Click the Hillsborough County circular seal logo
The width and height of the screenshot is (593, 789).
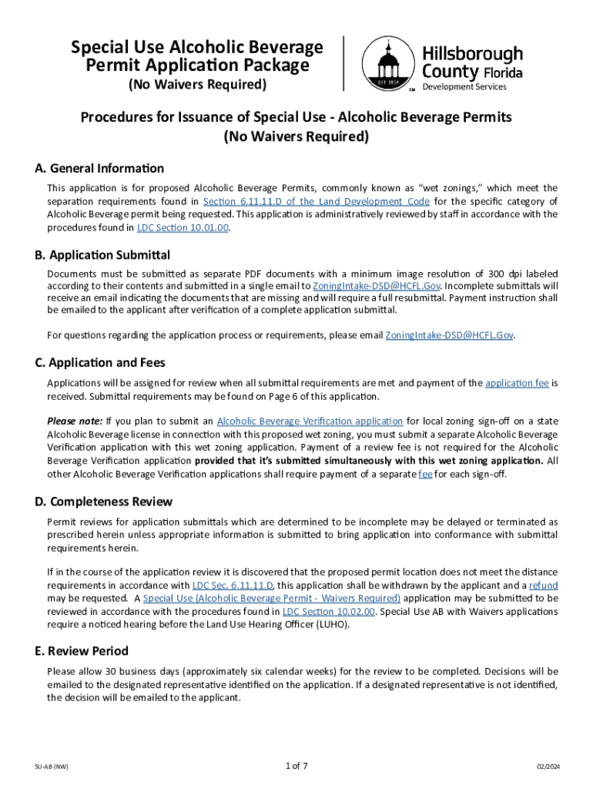pos(385,65)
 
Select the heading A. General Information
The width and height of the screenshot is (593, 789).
pos(99,169)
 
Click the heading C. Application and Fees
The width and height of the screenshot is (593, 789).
pos(99,363)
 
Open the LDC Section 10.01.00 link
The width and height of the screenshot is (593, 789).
pos(183,228)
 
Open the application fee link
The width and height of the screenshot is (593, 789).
pos(517,383)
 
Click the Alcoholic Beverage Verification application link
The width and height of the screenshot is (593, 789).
pos(310,421)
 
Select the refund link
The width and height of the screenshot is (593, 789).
pos(544,586)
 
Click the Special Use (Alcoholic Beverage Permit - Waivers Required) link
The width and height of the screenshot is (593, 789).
pos(272,599)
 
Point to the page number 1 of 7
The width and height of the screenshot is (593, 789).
pos(296,766)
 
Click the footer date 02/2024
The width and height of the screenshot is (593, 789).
pos(548,767)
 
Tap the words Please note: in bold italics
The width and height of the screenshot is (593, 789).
pos(75,421)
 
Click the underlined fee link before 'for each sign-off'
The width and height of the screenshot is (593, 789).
pos(425,474)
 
